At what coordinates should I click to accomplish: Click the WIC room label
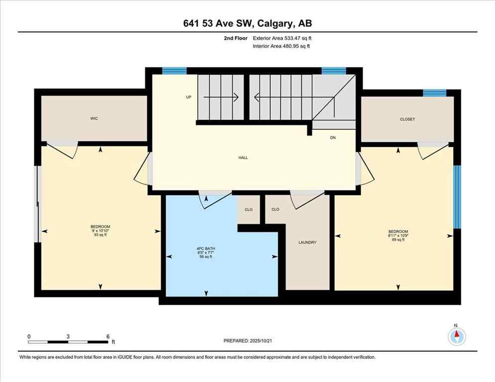94,119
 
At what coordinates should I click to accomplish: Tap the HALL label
243,158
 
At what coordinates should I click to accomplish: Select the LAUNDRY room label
307,242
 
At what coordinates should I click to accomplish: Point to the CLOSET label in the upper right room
407,119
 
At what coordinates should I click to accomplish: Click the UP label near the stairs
188,97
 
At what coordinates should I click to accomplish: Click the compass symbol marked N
456,337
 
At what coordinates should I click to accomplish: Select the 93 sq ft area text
100,235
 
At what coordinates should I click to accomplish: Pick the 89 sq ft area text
398,240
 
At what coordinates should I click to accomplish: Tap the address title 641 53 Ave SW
247,23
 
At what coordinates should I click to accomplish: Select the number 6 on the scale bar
107,336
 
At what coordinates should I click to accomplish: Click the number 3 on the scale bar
68,336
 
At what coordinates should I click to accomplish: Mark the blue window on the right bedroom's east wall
457,196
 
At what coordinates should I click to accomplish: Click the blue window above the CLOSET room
434,93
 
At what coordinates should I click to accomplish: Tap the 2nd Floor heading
235,38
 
